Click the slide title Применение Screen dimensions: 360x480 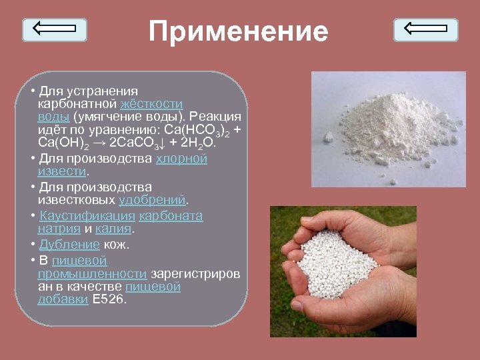pyautogui.click(x=239, y=31)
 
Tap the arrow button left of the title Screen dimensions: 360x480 pyautogui.click(x=55, y=29)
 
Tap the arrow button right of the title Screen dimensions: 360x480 pyautogui.click(x=425, y=29)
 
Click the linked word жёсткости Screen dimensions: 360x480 pyautogui.click(x=151, y=104)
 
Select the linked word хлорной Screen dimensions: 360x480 pyautogui.click(x=181, y=159)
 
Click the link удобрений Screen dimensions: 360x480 pyautogui.click(x=153, y=200)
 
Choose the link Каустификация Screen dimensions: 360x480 pyautogui.click(x=87, y=216)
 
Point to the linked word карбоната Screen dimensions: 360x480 pyautogui.click(x=171, y=216)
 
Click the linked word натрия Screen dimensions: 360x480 pyautogui.click(x=59, y=229)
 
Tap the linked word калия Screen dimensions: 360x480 pyautogui.click(x=114, y=229)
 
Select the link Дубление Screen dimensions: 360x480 pyautogui.click(x=69, y=244)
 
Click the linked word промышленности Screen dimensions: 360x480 pyautogui.click(x=92, y=273)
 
